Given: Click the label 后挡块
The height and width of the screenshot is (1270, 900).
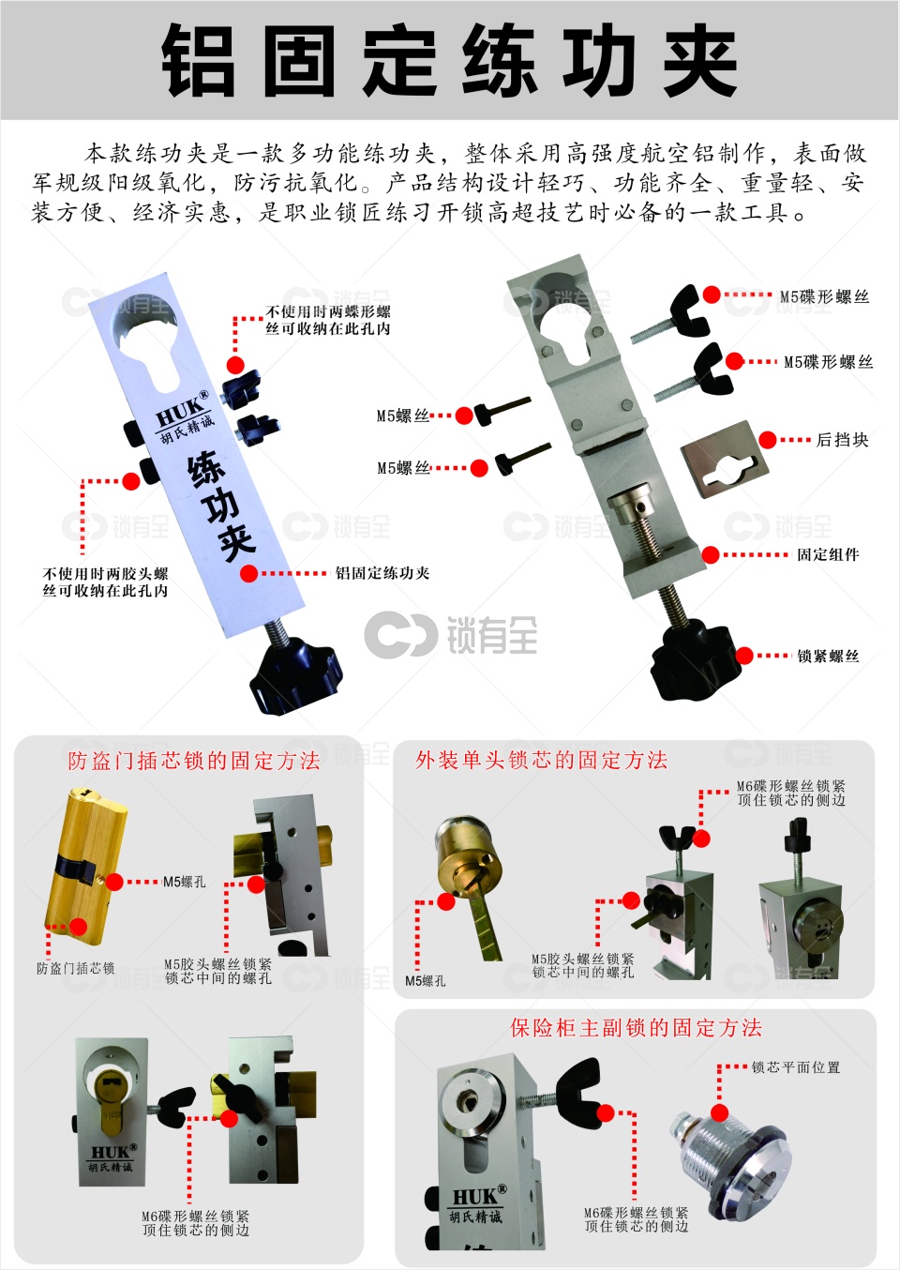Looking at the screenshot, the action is point(842,440).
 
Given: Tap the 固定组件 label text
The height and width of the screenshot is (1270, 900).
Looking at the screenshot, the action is point(828,554).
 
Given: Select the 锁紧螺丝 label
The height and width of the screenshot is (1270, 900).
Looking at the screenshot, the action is point(828,656).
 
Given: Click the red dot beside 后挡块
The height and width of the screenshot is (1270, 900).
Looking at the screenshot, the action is point(768,440).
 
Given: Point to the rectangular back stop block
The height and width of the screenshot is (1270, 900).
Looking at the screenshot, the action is point(725,460).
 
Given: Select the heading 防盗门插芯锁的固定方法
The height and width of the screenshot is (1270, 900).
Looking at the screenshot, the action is point(194,761).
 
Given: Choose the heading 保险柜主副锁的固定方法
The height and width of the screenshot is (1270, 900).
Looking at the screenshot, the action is point(636,1028).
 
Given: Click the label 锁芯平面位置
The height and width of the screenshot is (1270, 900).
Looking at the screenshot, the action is point(796,1067).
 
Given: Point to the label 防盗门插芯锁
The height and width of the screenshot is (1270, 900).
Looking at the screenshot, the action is point(75,968).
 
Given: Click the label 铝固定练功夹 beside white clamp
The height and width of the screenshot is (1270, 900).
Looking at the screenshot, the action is point(382,573).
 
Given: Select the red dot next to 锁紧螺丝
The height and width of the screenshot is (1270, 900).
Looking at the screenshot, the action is point(744,656).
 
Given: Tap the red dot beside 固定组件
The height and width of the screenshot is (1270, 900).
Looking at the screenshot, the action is point(711,554).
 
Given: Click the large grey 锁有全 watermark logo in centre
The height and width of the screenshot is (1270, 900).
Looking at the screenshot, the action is point(451,634).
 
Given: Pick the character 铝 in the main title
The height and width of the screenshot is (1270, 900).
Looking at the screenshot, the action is point(199,60).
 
